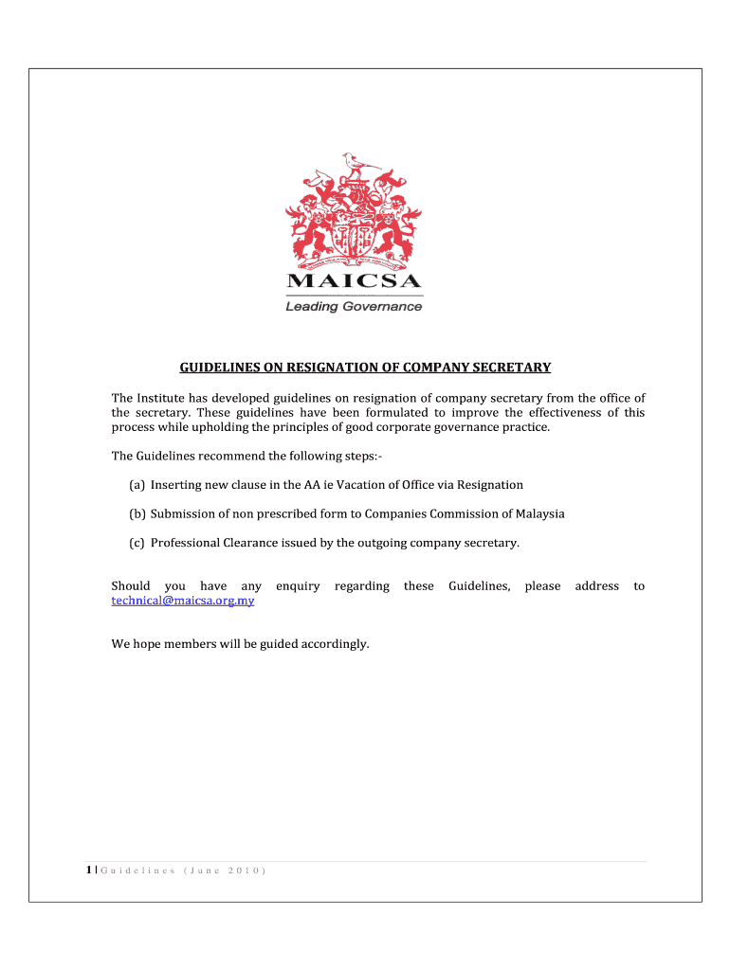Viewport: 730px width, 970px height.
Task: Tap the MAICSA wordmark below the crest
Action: (355, 281)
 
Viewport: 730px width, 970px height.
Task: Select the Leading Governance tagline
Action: (355, 306)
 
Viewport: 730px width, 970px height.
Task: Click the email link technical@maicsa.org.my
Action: (183, 601)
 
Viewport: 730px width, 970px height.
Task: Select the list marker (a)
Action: (137, 485)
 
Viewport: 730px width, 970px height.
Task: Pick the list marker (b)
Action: (137, 514)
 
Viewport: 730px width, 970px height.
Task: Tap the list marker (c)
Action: (137, 543)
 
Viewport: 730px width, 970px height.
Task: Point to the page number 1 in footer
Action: (88, 870)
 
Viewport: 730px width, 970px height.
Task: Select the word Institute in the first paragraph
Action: (163, 398)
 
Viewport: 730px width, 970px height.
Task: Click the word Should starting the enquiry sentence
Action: (131, 586)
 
